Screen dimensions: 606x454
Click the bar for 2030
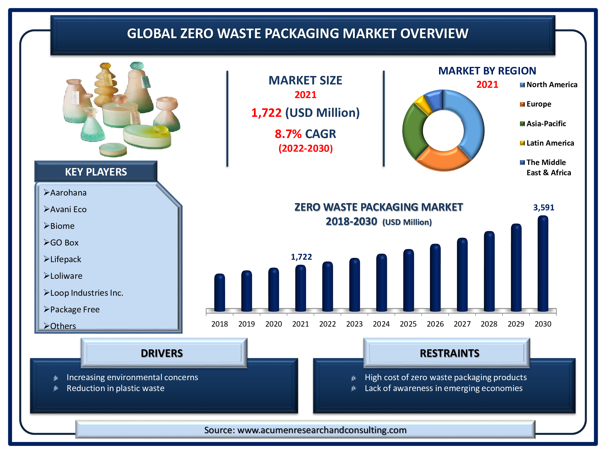point(543,263)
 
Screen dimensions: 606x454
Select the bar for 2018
point(219,293)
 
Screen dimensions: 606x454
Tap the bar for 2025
point(408,280)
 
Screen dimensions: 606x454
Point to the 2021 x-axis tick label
point(300,324)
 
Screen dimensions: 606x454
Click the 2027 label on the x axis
point(462,324)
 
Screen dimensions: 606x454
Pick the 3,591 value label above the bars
point(544,207)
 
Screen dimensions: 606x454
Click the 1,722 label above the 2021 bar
point(301,257)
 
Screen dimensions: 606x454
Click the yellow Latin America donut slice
point(423,104)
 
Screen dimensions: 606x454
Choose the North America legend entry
point(549,85)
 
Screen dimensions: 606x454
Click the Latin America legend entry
point(547,143)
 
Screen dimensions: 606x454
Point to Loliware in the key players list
point(63,276)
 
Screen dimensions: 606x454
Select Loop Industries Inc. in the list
point(83,293)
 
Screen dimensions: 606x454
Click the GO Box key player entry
point(61,242)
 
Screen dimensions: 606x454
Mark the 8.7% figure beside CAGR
point(288,134)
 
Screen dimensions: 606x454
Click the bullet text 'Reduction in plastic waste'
point(115,388)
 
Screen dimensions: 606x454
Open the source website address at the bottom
point(322,430)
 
